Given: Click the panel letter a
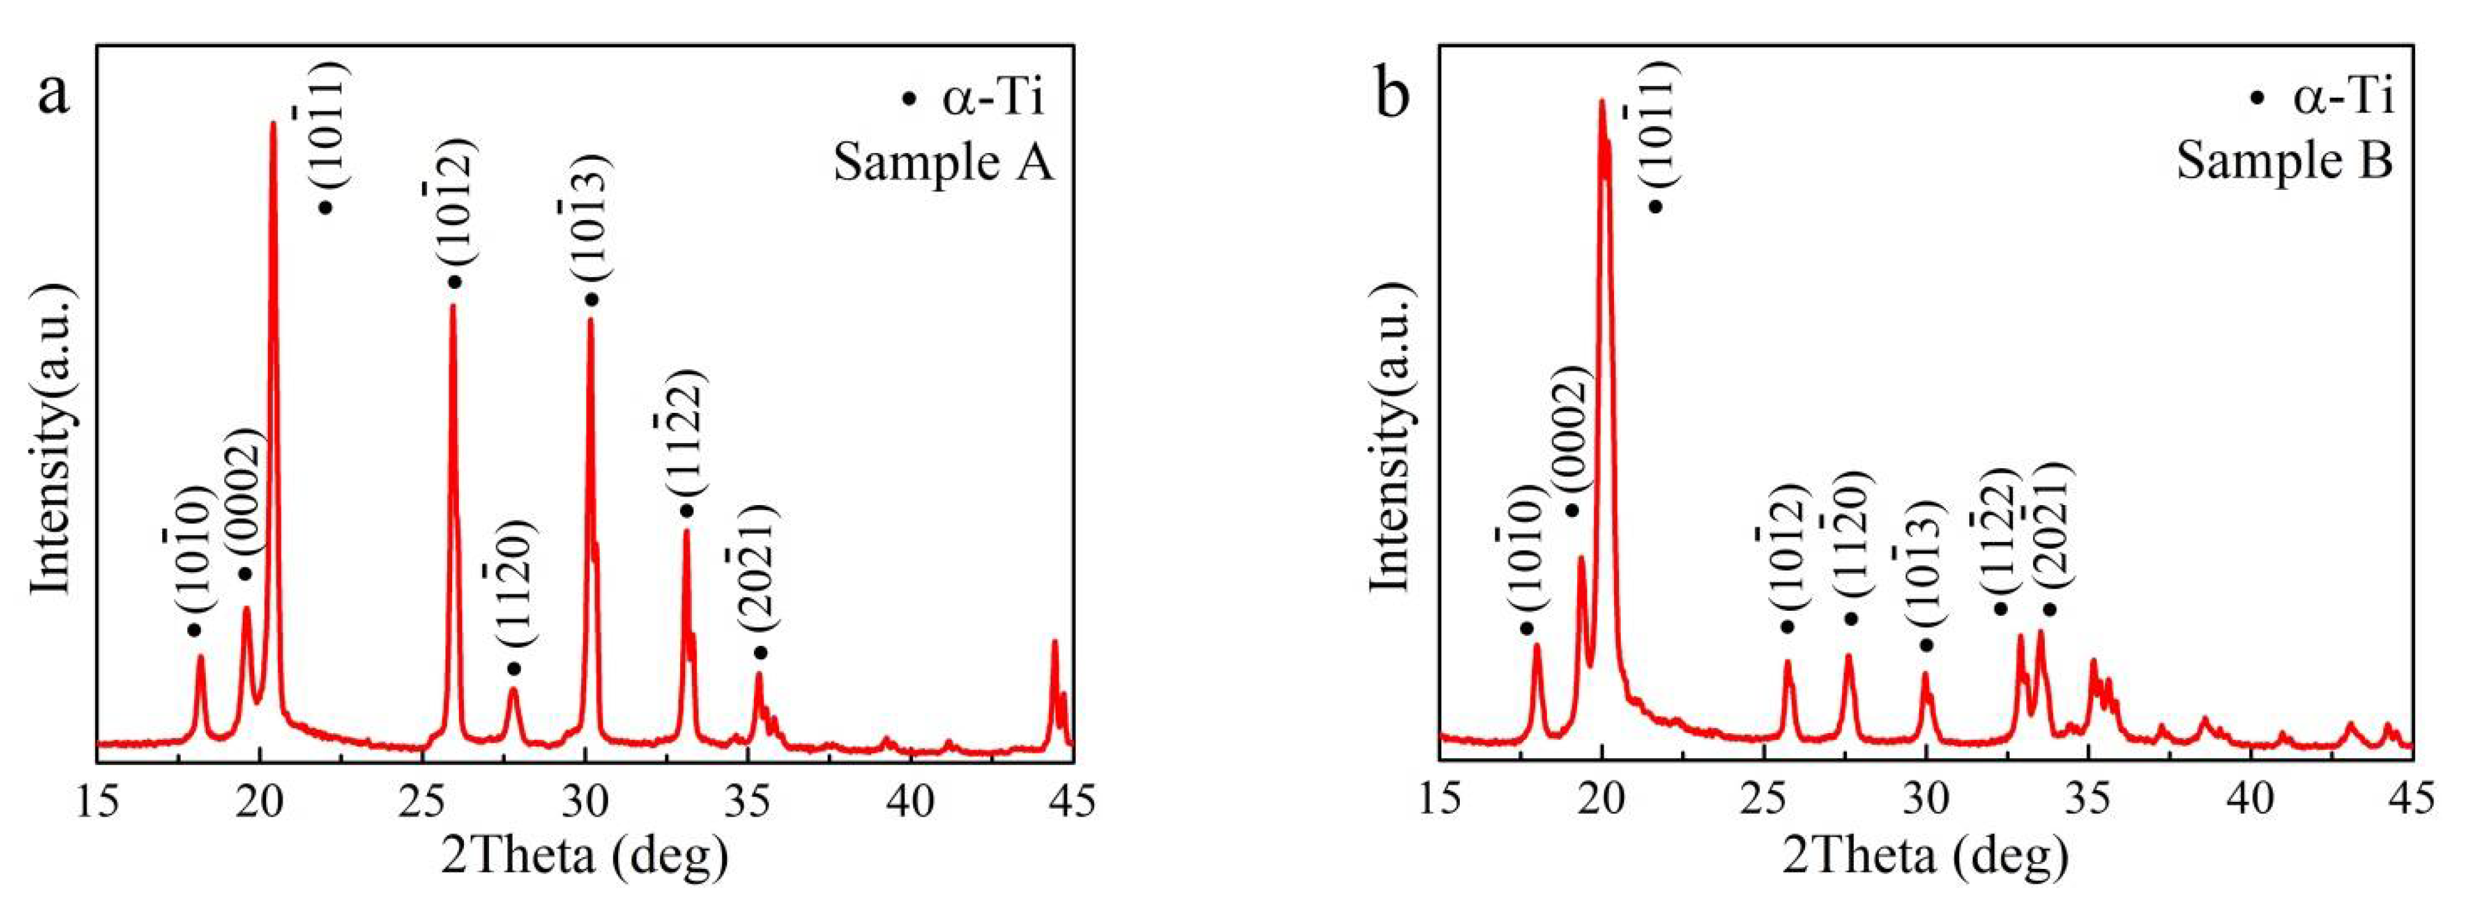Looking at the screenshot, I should (x=53, y=95).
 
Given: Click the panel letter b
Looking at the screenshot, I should (x=1392, y=95).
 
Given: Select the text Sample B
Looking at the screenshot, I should (x=2284, y=161).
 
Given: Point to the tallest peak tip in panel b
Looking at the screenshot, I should (x=1601, y=100).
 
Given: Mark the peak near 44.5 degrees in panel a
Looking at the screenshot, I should (x=1054, y=642).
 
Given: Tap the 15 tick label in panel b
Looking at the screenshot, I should (x=1438, y=802).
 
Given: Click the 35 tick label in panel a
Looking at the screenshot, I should (x=747, y=802).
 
